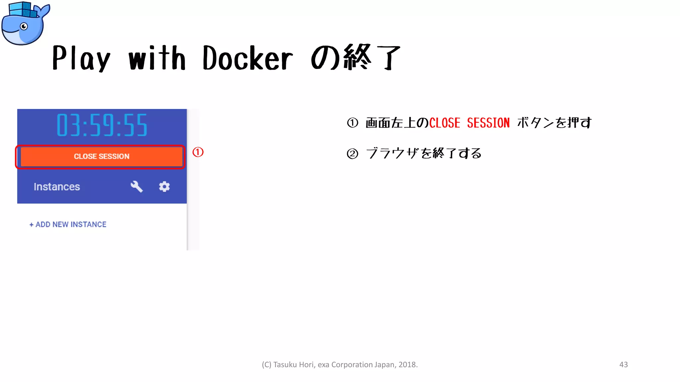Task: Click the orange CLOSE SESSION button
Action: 101,157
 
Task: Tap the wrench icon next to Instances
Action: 136,187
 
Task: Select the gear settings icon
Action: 164,187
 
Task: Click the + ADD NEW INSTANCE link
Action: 68,224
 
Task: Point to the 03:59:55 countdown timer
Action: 102,125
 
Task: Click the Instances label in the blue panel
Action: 57,187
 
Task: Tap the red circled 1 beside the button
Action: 198,152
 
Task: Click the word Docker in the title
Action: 248,59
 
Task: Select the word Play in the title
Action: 81,59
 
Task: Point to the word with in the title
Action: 157,59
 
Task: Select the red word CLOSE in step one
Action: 445,123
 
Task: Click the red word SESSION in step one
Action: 488,123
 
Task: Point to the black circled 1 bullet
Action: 353,123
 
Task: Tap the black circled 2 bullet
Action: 353,154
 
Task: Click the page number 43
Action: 624,364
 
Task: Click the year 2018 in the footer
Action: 407,365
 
